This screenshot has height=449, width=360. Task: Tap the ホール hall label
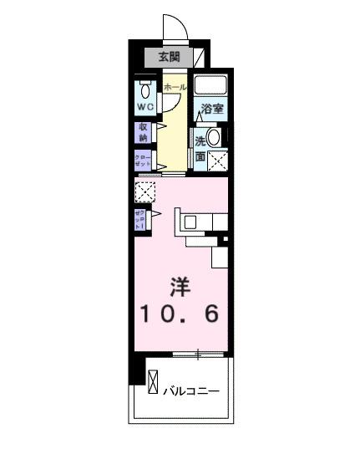click(x=175, y=87)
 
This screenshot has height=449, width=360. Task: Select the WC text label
click(x=145, y=107)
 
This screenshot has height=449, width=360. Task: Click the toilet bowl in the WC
click(x=146, y=90)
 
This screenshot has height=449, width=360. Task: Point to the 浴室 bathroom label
click(x=212, y=109)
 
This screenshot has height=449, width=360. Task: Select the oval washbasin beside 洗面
click(x=215, y=138)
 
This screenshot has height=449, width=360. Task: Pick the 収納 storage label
click(x=143, y=132)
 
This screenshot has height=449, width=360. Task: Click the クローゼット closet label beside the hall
click(x=142, y=161)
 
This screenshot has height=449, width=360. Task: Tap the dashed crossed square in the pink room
click(x=145, y=193)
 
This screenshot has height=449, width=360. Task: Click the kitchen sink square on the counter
click(x=190, y=222)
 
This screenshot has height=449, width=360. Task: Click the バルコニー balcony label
click(x=190, y=390)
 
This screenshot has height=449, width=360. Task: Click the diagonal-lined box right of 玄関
click(x=197, y=57)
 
